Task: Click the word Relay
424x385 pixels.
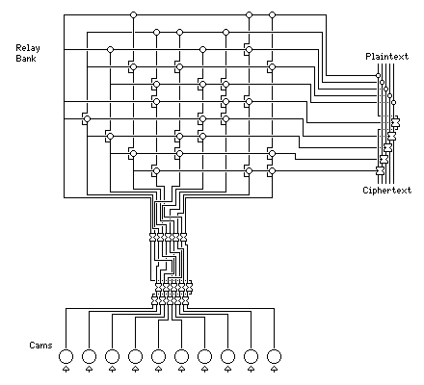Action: pyautogui.click(x=28, y=48)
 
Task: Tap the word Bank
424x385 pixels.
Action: pyautogui.click(x=26, y=59)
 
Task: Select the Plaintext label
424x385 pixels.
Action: pyautogui.click(x=387, y=57)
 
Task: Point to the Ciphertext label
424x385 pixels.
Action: pyautogui.click(x=387, y=191)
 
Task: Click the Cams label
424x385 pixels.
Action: pyautogui.click(x=40, y=346)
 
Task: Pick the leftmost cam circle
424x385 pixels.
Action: pyautogui.click(x=66, y=356)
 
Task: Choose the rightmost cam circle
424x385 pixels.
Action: pyautogui.click(x=274, y=356)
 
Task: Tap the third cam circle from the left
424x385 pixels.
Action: pyautogui.click(x=112, y=356)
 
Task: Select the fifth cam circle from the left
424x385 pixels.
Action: pyautogui.click(x=158, y=356)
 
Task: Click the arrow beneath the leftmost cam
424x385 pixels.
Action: pyautogui.click(x=66, y=369)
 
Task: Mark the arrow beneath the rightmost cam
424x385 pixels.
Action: pyautogui.click(x=274, y=369)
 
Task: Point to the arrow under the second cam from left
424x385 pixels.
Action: pyautogui.click(x=89, y=369)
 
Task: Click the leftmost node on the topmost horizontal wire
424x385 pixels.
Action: pyautogui.click(x=133, y=14)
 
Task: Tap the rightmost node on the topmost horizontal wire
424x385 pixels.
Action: pyautogui.click(x=272, y=14)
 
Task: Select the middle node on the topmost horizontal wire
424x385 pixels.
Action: pyautogui.click(x=249, y=14)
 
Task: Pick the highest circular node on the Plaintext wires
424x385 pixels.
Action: pyautogui.click(x=378, y=76)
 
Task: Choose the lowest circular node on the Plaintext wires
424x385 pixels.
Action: pyautogui.click(x=393, y=103)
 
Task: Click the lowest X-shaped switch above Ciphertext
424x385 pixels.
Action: pyautogui.click(x=380, y=170)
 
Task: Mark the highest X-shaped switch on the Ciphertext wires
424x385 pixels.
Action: pyautogui.click(x=395, y=122)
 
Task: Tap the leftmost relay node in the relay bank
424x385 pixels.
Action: pyautogui.click(x=87, y=119)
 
